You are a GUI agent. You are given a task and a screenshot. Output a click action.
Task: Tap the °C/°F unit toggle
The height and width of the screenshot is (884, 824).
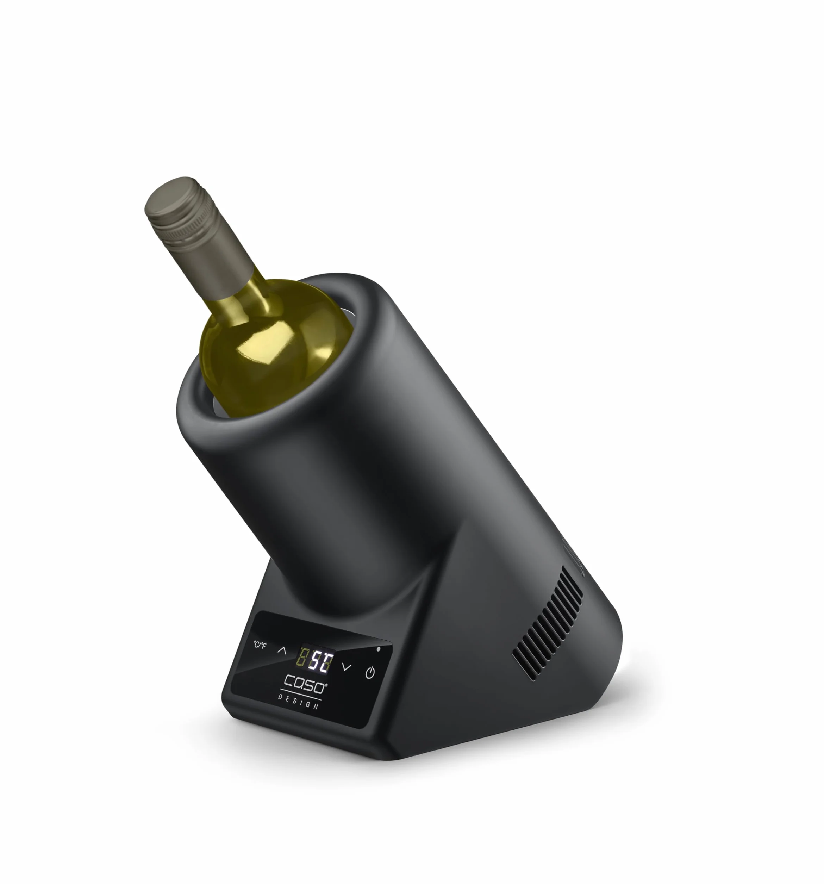tap(260, 645)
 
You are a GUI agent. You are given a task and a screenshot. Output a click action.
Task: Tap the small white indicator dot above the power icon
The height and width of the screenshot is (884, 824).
tap(379, 649)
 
